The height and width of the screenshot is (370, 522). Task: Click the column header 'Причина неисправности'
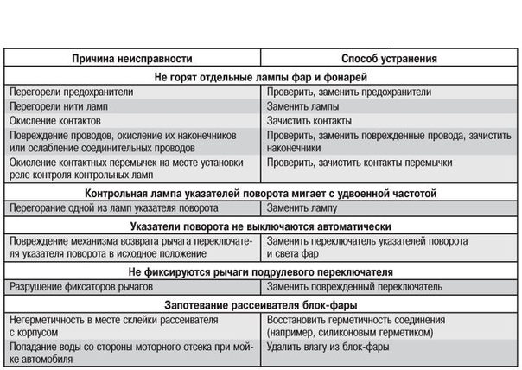click(130, 59)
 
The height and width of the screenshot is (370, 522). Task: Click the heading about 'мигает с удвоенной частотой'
click(261, 193)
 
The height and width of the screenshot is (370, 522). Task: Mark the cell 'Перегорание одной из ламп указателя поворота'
click(112, 208)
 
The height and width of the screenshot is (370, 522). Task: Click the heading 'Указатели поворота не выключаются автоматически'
click(261, 226)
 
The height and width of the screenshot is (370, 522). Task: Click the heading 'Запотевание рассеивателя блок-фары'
click(261, 304)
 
